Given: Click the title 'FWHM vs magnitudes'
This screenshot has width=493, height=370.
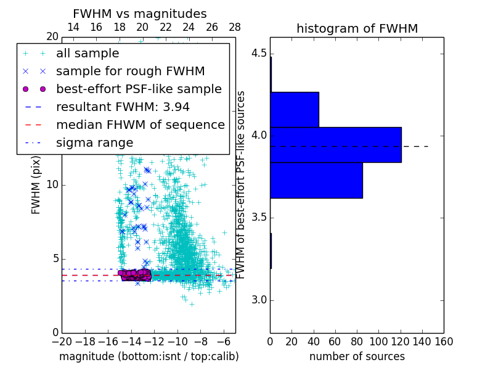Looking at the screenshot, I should (x=140, y=14).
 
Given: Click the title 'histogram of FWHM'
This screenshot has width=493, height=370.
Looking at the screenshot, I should (x=357, y=28).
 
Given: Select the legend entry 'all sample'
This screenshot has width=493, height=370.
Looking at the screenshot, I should (x=88, y=54).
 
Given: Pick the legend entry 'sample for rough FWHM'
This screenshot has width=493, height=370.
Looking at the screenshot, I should (x=130, y=71).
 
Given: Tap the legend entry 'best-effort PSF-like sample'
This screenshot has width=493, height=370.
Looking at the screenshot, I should (x=139, y=89).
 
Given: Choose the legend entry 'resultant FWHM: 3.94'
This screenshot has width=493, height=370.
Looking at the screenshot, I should (x=123, y=107).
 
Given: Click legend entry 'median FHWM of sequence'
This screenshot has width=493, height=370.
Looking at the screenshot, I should (x=140, y=125).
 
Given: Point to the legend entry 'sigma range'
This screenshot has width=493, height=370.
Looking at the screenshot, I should (x=94, y=142).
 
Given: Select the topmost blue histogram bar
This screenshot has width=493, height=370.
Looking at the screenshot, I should (x=295, y=110).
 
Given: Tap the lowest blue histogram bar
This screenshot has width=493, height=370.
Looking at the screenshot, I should (x=316, y=180).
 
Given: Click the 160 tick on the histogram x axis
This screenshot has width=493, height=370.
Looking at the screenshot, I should (x=444, y=341).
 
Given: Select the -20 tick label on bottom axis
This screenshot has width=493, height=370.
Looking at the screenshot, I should (x=62, y=341).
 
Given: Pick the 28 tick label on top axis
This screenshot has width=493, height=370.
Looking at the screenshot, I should (x=235, y=27).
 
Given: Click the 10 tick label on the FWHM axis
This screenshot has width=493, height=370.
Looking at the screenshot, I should (x=52, y=185).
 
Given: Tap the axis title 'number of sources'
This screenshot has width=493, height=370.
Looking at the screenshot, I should (x=357, y=356).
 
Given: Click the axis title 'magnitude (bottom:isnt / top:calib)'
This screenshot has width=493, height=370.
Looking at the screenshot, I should (x=149, y=356).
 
